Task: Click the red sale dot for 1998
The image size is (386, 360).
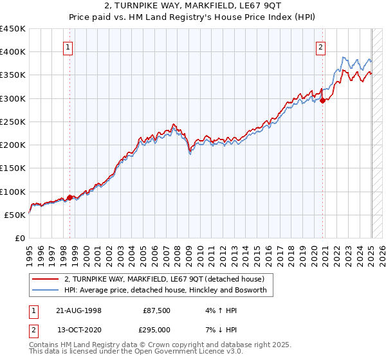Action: pos(70,197)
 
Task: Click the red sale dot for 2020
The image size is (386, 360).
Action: pos(322,100)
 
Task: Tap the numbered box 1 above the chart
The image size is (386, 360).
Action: pos(68,46)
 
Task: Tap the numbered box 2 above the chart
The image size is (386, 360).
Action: pos(320,46)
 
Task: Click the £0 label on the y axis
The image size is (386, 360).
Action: pos(19,239)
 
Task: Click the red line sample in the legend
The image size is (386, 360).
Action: pos(45,279)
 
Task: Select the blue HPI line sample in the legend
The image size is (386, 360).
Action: pos(45,291)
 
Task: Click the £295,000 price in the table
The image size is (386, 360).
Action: pos(154,330)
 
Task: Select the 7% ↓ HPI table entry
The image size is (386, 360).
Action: pos(217,330)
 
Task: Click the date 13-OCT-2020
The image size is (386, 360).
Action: pos(77,330)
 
